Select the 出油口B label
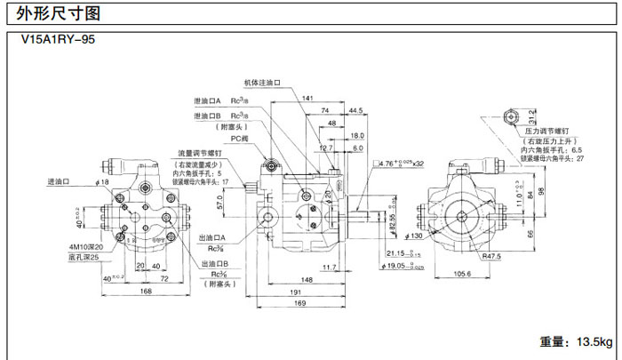[x=215, y=264]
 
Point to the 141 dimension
[x=307, y=98]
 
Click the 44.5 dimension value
[x=355, y=110]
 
